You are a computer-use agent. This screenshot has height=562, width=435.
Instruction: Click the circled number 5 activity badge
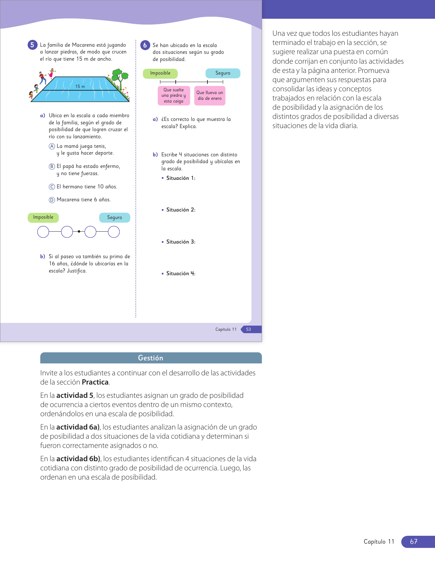[x=32, y=45]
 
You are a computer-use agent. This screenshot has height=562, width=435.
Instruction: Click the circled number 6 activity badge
[x=145, y=45]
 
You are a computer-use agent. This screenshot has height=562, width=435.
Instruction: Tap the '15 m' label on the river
[x=80, y=87]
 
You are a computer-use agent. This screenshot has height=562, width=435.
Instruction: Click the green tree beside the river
[x=119, y=77]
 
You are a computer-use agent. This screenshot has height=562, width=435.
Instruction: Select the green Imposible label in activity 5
[x=43, y=218]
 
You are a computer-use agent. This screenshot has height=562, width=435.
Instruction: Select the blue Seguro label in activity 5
[x=115, y=218]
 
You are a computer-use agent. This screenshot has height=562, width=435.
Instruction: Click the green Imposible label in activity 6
[x=160, y=73]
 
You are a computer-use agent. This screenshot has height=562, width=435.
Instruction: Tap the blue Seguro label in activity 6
[x=223, y=73]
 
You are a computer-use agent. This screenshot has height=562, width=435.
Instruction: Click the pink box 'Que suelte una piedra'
[x=174, y=96]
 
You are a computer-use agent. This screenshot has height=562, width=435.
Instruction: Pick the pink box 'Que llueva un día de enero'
[x=209, y=96]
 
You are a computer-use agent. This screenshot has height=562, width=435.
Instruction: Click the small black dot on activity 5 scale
[x=79, y=232]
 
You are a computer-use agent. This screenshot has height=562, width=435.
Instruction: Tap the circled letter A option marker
[x=52, y=146]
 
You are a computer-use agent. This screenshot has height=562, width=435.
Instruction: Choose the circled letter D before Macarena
[x=52, y=200]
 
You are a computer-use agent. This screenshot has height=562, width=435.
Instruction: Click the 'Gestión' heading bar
[x=151, y=358]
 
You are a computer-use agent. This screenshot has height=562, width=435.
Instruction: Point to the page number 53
[x=249, y=329]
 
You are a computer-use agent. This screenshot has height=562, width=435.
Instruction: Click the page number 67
[x=414, y=542]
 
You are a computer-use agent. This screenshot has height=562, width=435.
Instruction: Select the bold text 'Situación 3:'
[x=181, y=242]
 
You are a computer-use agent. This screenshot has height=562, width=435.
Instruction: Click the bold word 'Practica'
[x=95, y=382]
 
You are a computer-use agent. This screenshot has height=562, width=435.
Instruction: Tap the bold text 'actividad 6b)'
[x=78, y=459]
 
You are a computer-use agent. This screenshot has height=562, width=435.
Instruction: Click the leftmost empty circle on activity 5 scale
[x=43, y=232]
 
